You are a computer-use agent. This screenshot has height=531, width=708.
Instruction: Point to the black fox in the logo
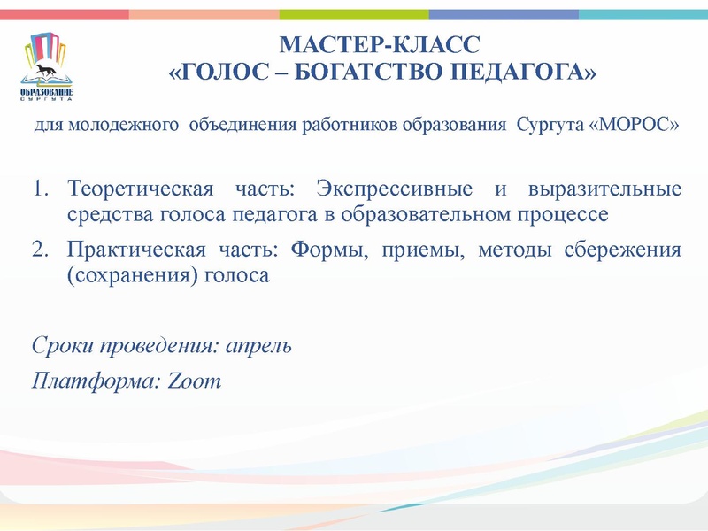point(45,71)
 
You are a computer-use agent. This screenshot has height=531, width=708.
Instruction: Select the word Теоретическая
point(141,189)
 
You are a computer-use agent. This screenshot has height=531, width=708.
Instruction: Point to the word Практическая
point(136,250)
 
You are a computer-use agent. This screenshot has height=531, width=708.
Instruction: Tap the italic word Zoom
point(194,381)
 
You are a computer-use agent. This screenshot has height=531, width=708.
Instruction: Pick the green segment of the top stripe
point(354,14)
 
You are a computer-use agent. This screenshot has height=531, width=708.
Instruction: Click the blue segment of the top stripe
point(504,14)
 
